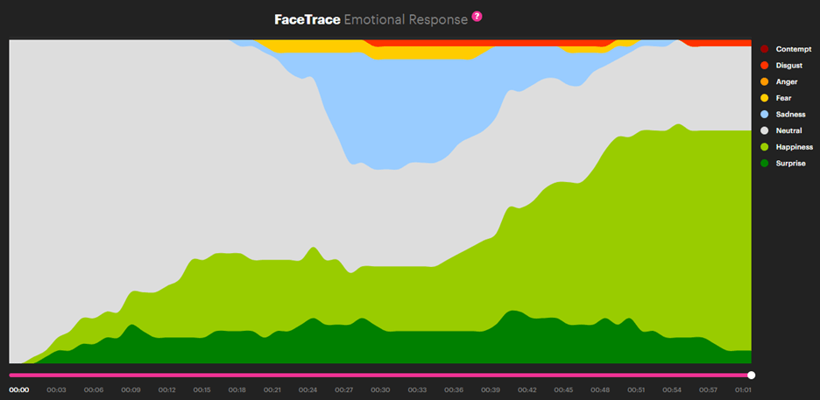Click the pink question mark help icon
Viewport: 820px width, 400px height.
(477, 17)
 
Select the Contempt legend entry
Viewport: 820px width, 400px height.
(793, 49)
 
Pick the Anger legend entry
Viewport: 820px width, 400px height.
(787, 81)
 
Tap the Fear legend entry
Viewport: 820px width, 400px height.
(783, 98)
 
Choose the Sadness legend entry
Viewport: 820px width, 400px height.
(790, 115)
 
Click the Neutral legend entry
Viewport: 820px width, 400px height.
(788, 130)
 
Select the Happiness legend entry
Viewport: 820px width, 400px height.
(794, 147)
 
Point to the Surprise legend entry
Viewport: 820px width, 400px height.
(790, 164)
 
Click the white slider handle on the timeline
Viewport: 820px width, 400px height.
(751, 375)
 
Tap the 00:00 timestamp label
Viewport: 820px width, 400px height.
(19, 389)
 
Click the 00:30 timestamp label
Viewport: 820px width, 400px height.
(380, 389)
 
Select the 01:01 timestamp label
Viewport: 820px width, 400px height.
(743, 389)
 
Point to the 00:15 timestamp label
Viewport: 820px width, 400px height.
(201, 389)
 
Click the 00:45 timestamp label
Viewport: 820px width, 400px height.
(563, 389)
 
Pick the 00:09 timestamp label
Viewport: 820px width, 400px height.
(130, 389)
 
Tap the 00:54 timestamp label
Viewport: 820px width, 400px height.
(671, 389)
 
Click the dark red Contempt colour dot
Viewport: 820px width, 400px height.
(765, 49)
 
